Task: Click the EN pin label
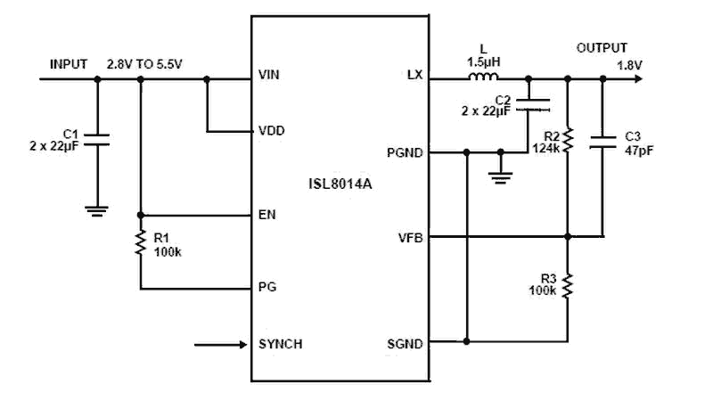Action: (x=266, y=215)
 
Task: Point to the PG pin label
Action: (x=266, y=289)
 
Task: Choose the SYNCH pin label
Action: (x=278, y=343)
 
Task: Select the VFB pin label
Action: (x=410, y=237)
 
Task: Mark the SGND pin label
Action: (x=406, y=343)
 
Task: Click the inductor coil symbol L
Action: (x=484, y=78)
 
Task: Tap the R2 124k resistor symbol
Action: (x=568, y=139)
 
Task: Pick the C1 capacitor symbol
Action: (x=97, y=138)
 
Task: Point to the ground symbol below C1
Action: (x=97, y=211)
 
